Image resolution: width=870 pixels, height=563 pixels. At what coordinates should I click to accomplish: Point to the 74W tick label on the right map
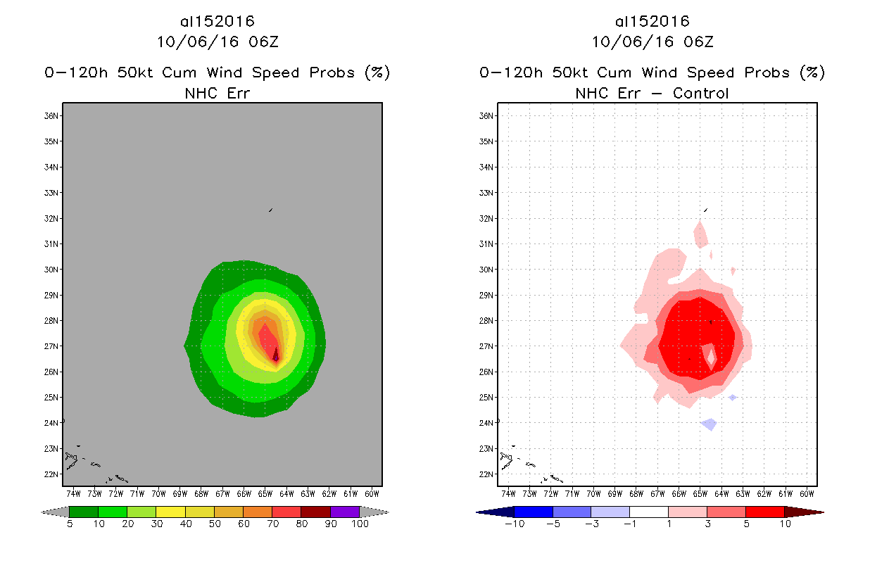508,493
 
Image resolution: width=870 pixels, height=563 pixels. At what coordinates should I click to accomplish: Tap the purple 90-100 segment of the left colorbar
345,512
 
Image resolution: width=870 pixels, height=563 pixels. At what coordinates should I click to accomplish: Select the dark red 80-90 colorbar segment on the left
315,512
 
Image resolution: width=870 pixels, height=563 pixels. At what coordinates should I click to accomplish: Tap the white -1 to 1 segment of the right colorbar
648,512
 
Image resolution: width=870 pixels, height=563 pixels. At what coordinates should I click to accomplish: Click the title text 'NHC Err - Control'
652,93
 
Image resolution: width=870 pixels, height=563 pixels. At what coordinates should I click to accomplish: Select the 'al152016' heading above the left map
217,22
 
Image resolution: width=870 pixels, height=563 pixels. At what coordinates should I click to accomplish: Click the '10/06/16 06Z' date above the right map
652,42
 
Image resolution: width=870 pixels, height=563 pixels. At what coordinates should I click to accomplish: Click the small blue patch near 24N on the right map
709,424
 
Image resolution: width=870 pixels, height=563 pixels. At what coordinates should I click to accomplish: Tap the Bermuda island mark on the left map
270,210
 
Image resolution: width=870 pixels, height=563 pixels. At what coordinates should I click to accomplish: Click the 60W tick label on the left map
372,493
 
